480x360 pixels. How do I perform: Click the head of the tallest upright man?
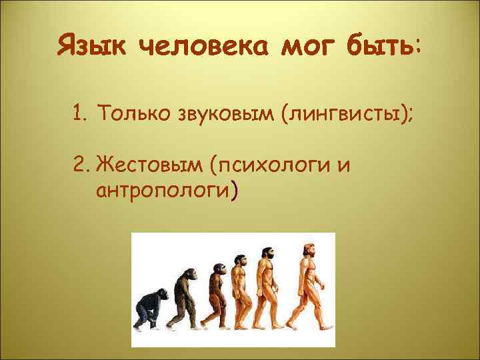tap(309, 247)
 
